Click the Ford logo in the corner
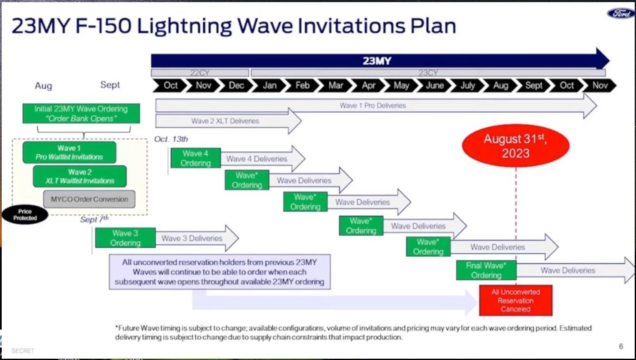621,14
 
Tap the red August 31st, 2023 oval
515,146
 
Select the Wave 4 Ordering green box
196,158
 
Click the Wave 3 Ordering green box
125,238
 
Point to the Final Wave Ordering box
486,270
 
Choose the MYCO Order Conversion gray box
89,199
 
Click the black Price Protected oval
25,215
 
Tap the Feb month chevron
302,86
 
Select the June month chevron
434,86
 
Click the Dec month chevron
236,86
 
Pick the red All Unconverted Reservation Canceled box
516,300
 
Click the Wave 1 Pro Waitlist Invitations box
69,153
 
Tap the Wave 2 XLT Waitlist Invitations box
80,176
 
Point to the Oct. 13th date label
171,139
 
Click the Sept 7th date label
94,219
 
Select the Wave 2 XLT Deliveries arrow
226,121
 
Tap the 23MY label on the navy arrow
377,61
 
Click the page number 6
621,346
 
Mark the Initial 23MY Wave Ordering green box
81,114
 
